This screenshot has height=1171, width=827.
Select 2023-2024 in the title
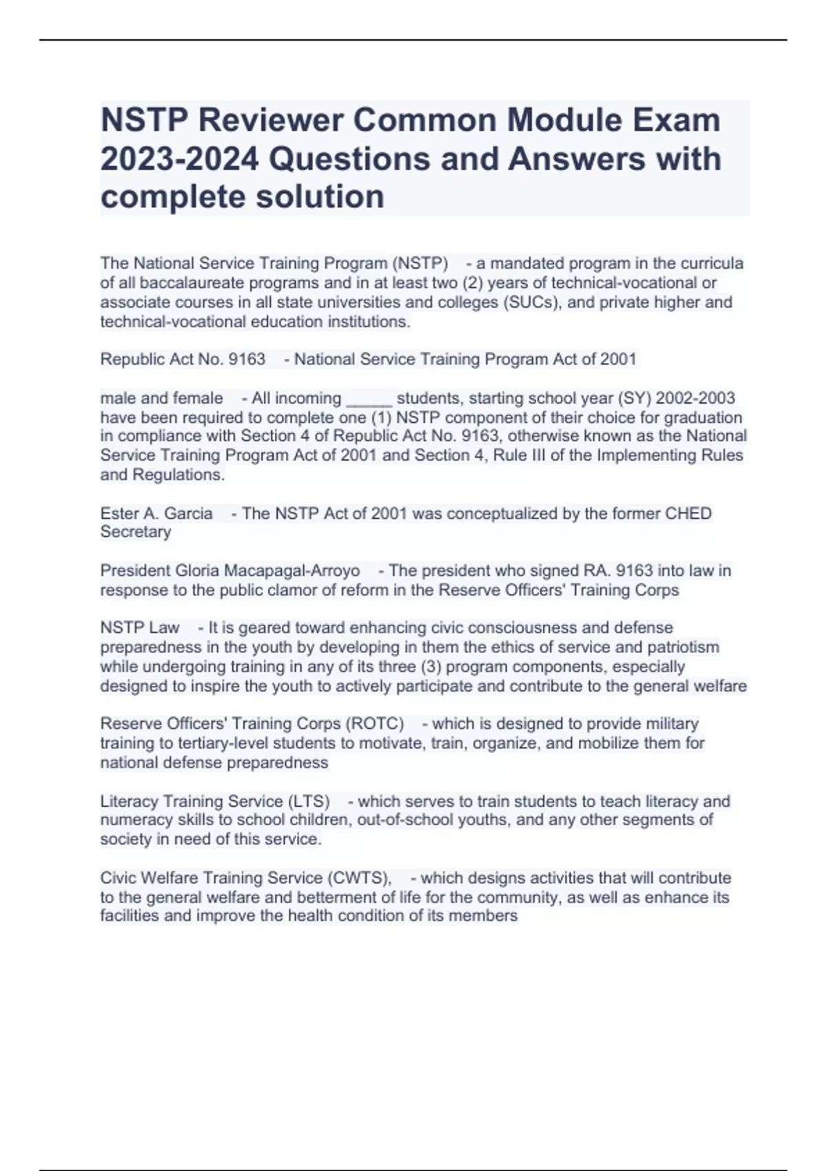click(180, 158)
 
